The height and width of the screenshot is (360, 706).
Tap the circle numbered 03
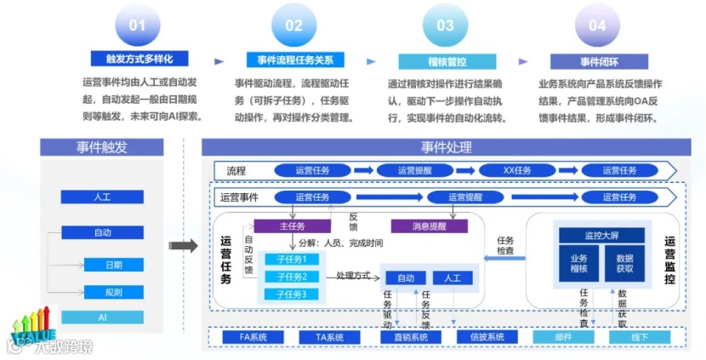[x=445, y=26]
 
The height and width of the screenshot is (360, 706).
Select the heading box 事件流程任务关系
[x=294, y=60]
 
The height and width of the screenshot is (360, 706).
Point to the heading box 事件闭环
[x=597, y=61]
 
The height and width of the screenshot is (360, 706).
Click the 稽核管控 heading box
[x=445, y=61]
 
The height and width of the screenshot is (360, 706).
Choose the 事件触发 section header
[x=101, y=147]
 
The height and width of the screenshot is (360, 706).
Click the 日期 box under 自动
[x=113, y=265]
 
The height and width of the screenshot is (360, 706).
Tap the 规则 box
[x=113, y=292]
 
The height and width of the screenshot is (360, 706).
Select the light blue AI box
[x=101, y=317]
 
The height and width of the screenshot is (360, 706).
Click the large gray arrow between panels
[x=183, y=247]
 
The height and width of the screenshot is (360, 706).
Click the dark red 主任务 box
[x=291, y=226]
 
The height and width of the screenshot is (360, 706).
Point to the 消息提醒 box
[x=430, y=226]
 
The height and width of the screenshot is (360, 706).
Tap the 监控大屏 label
[x=601, y=235]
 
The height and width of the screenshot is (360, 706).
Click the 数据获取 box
[x=624, y=264]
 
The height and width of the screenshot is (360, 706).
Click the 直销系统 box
[x=411, y=337]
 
